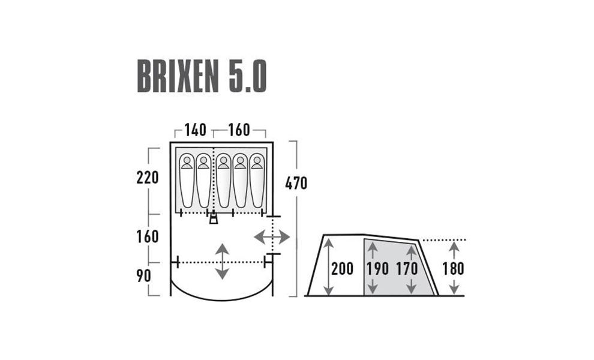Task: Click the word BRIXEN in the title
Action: (x=178, y=77)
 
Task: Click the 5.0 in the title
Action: (x=248, y=77)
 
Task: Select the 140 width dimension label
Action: (x=195, y=130)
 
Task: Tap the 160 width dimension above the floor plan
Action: (x=239, y=130)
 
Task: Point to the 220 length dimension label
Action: (x=148, y=178)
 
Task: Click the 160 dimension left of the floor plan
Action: (x=148, y=236)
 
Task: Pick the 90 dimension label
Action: (x=143, y=276)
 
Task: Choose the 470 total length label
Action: (x=296, y=183)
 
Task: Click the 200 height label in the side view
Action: (x=342, y=269)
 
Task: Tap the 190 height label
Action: (x=377, y=269)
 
